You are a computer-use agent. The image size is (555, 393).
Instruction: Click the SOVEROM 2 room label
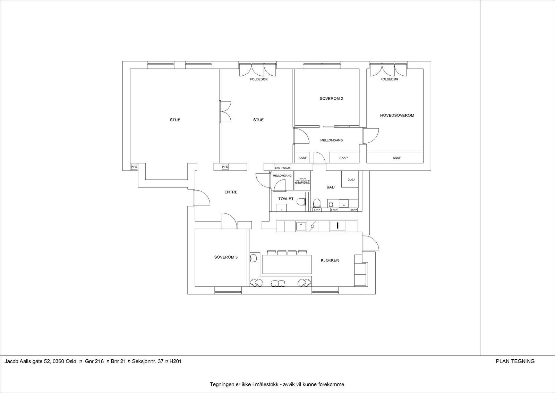tap(331, 99)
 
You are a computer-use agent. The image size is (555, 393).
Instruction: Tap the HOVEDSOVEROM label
tap(397, 115)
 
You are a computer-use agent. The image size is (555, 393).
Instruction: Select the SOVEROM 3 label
tap(226, 258)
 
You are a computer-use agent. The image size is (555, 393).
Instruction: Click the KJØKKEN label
tap(330, 260)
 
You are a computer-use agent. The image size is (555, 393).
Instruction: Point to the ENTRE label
tap(231, 192)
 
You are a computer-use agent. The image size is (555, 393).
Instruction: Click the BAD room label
tap(331, 187)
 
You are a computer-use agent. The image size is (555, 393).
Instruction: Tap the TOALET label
tap(286, 199)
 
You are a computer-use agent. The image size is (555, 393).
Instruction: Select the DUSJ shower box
tap(351, 180)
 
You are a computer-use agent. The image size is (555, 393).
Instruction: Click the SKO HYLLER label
tap(282, 168)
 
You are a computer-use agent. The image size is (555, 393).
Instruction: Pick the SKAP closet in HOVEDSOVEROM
tap(397, 158)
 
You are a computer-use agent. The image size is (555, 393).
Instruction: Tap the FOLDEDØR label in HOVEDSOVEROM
tap(389, 80)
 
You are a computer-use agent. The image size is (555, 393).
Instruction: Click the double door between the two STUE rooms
tap(225, 111)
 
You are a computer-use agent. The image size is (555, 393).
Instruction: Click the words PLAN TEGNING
tap(515, 361)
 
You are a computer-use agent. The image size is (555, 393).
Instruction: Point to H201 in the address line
tap(176, 361)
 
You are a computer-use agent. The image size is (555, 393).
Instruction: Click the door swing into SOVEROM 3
tap(229, 221)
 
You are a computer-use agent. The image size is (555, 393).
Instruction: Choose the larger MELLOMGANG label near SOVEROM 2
tap(331, 141)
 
